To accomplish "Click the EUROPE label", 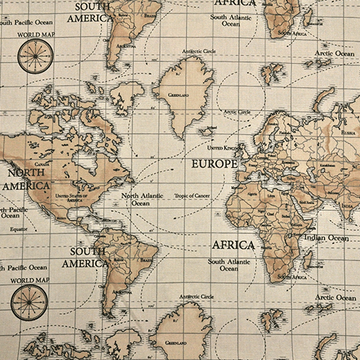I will click(x=215, y=164).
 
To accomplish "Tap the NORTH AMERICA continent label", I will click(x=26, y=179).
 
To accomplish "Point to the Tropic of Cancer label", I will click(x=194, y=196).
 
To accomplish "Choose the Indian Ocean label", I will click(x=326, y=238).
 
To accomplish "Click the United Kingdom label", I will click(x=222, y=147).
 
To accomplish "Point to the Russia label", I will click(x=348, y=133).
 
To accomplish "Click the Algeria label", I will click(x=251, y=193).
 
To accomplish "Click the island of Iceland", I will click(x=207, y=131).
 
